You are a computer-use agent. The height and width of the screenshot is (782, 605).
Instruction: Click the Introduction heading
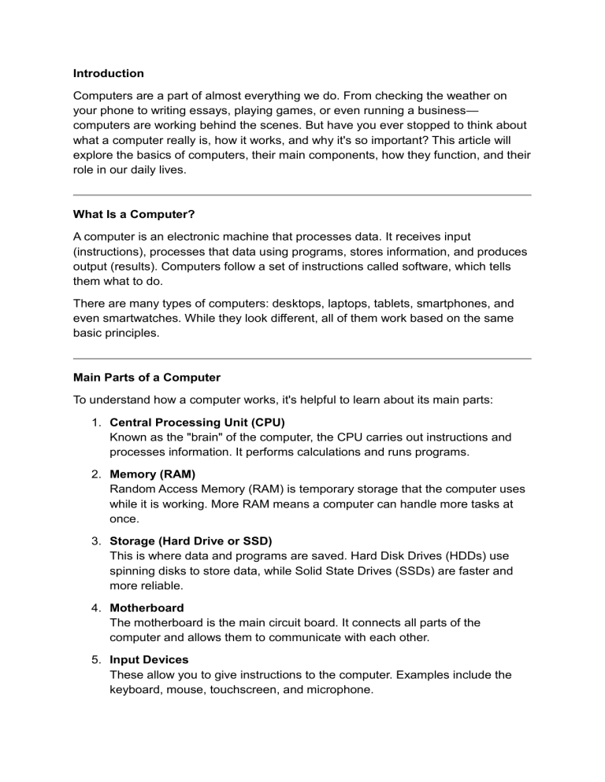(x=109, y=73)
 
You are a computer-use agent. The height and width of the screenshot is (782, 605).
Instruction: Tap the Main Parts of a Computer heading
(x=147, y=377)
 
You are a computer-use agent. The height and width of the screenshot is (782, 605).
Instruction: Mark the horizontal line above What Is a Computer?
(x=302, y=195)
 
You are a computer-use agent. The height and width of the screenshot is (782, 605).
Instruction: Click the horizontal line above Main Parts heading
(x=302, y=359)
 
